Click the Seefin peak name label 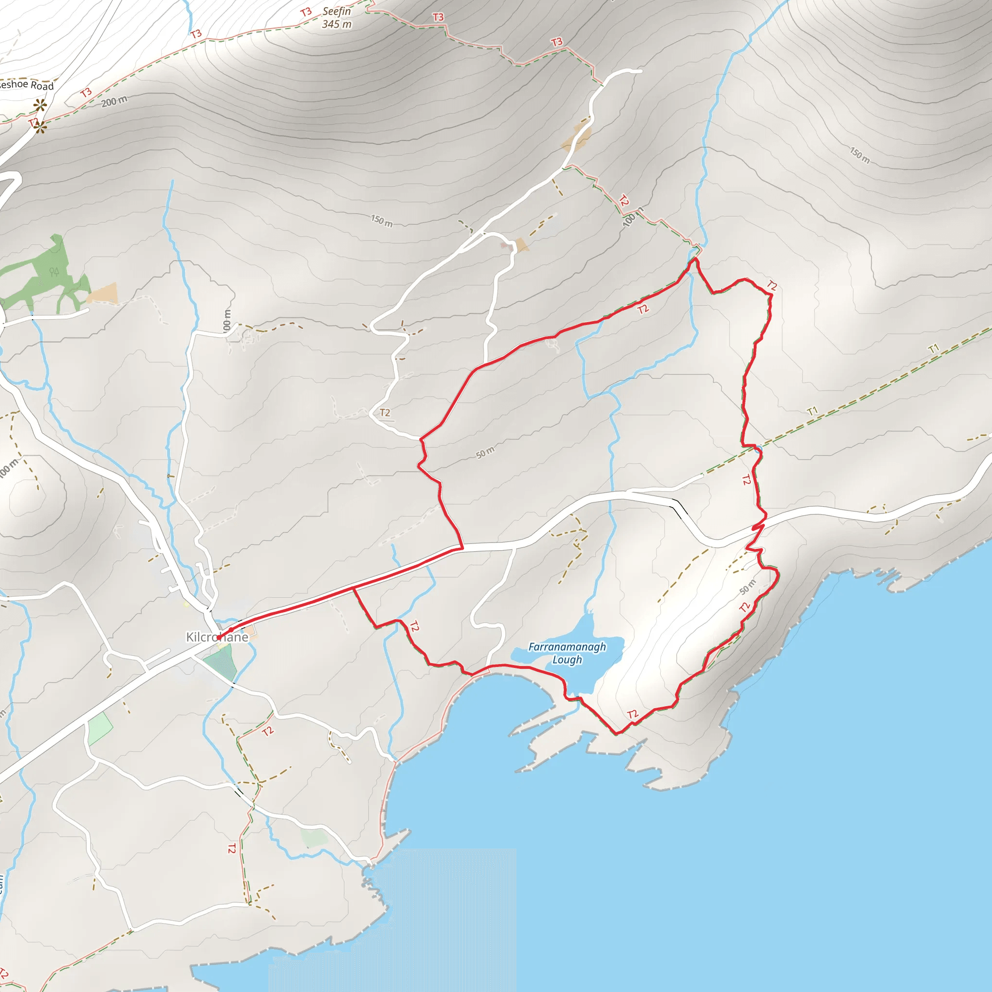337,11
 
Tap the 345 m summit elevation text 337,24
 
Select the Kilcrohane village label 217,637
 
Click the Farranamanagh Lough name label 567,653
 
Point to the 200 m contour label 114,102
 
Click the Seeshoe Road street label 27,85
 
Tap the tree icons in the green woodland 54,272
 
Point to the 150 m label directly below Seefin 382,221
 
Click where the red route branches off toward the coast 354,589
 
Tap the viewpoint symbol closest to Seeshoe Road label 40,106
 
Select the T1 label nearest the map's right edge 933,349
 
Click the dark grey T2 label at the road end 385,412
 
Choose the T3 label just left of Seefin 306,12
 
